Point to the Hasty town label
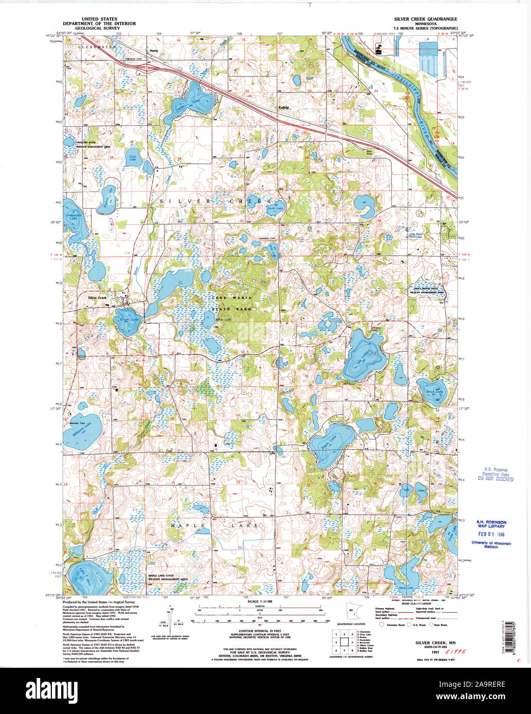coord(153,51)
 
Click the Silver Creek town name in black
coord(97,298)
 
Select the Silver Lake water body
coord(127,320)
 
